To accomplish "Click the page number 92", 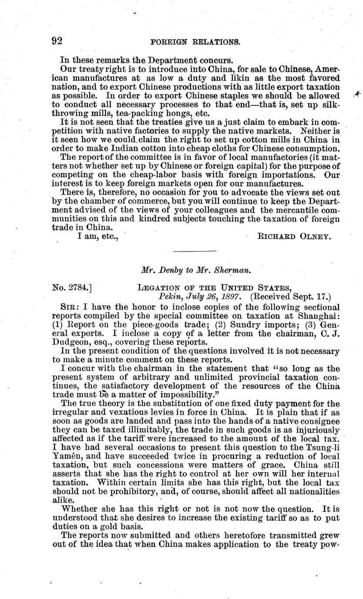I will coord(57,41).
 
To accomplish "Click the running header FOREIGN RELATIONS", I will coord(195,42).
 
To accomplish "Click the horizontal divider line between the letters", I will coord(195,251).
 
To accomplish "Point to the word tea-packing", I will coord(103,113).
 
